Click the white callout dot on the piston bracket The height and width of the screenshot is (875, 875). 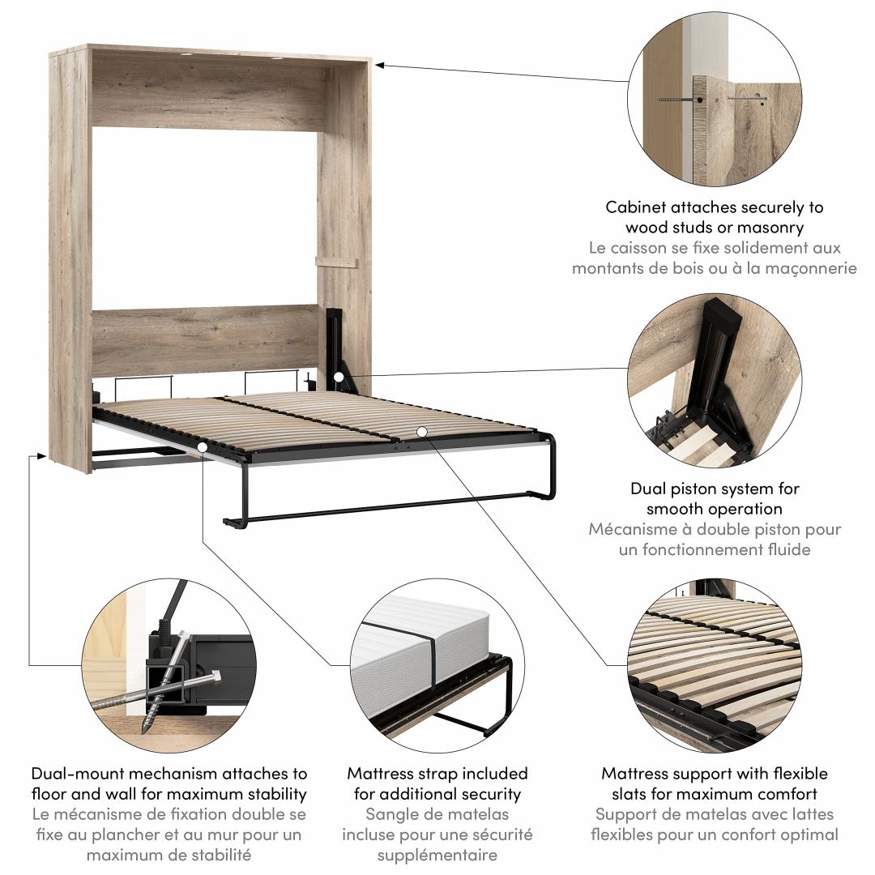[339, 378]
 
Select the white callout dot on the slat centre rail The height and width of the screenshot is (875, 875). [422, 431]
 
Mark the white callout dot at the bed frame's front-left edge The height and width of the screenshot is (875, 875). [202, 447]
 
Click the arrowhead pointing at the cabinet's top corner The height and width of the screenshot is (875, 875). [379, 66]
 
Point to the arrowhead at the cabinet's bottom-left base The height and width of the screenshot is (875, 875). [41, 456]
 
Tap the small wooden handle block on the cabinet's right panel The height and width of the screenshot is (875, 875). [336, 262]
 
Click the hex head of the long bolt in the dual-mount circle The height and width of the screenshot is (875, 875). [216, 677]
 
